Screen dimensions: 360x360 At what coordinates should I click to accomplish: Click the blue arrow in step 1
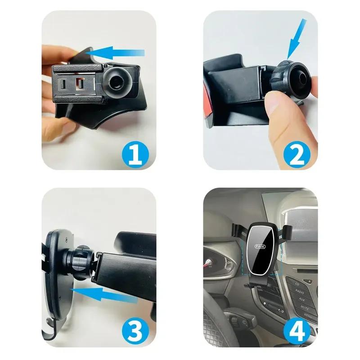click(115, 54)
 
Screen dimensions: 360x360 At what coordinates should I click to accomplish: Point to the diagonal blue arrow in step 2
click(297, 38)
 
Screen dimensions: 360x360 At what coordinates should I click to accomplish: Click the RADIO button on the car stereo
click(300, 292)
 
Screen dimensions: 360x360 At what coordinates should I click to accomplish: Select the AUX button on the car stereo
click(301, 299)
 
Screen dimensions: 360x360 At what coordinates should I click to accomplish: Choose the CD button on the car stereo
click(297, 284)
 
